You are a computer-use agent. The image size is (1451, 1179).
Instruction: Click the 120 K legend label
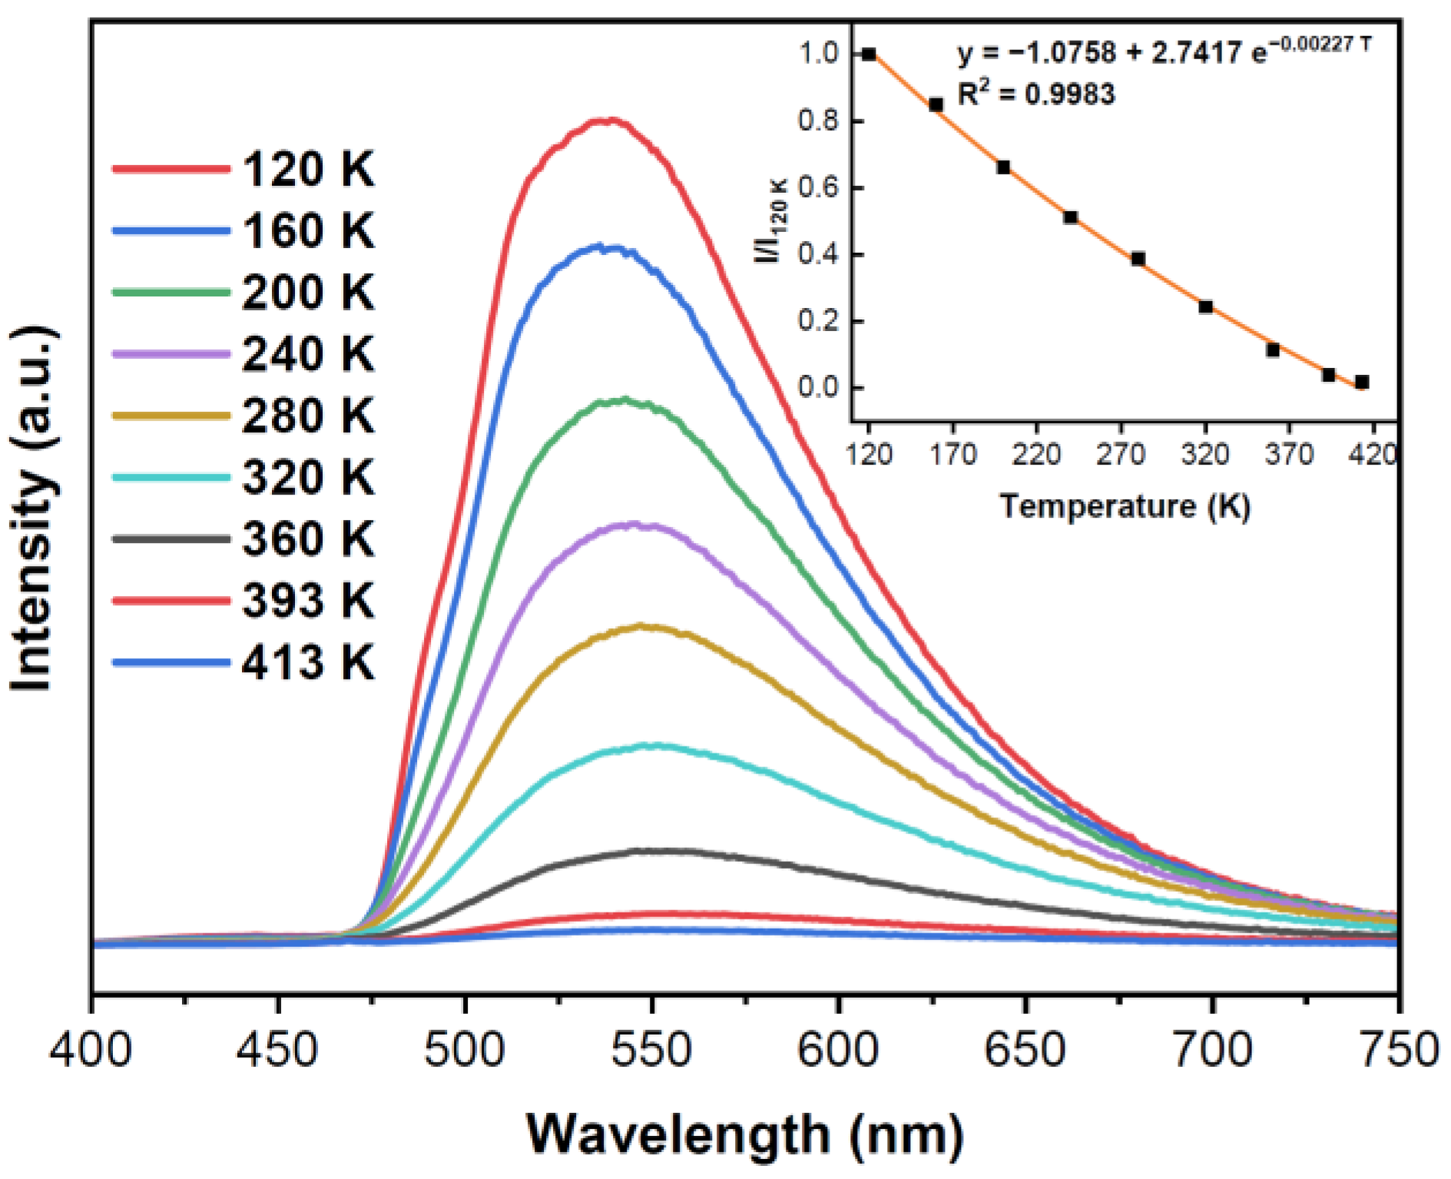coord(307,169)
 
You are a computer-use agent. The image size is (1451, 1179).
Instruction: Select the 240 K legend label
coord(307,354)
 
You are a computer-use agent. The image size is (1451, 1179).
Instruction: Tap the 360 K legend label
coord(307,538)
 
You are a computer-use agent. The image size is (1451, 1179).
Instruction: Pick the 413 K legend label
coord(307,662)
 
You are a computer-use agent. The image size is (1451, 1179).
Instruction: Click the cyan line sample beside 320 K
coord(171,477)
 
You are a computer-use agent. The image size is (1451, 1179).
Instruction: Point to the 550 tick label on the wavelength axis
coord(651,1049)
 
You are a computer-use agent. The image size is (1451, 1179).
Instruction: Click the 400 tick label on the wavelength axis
coord(91,1049)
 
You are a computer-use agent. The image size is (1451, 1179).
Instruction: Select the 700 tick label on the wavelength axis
coord(1212,1049)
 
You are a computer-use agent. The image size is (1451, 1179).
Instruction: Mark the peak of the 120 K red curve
coord(607,120)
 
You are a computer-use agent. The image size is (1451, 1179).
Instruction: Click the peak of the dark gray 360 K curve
coord(653,850)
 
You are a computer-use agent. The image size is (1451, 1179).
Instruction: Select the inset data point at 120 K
coord(869,54)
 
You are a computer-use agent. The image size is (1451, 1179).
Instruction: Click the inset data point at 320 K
coord(1205,306)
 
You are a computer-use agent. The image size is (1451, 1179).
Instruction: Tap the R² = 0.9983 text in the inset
coord(1035,94)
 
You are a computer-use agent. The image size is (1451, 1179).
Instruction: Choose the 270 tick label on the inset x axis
coord(1121,455)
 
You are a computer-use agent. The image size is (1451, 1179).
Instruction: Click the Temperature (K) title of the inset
coord(1125,506)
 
